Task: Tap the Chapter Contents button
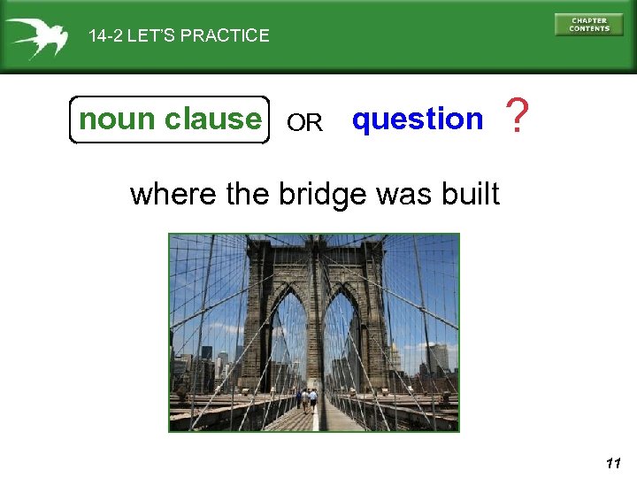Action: tap(588, 25)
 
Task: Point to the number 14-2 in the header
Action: tap(105, 36)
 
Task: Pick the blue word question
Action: tap(418, 119)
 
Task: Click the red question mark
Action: tap(518, 118)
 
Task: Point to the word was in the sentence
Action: tap(405, 193)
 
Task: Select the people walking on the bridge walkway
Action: tap(308, 398)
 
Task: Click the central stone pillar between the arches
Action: tap(315, 328)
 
